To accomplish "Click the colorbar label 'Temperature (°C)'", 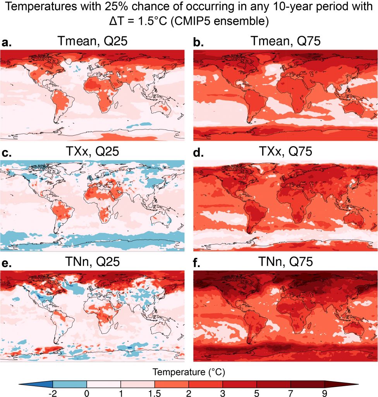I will click(x=189, y=373).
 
